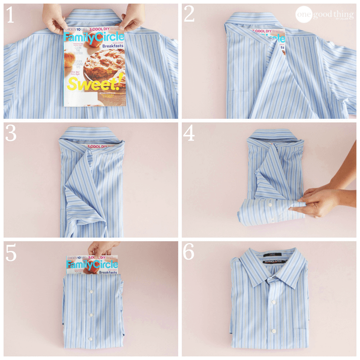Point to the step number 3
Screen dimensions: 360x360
11,134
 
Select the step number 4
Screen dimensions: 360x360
189,134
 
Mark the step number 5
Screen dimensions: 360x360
11,253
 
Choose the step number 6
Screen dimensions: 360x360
189,252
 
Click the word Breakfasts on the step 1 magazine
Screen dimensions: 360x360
110,46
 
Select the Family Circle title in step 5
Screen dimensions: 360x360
92,265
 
